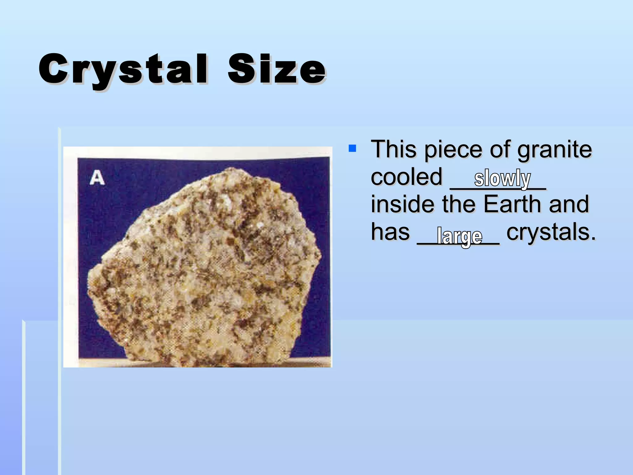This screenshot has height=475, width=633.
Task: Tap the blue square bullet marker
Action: (x=352, y=148)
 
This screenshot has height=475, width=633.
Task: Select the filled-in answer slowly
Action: (x=502, y=178)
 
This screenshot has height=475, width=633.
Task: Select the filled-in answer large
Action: (x=459, y=237)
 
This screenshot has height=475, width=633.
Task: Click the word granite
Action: (x=554, y=150)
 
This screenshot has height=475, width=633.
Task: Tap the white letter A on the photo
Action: (x=97, y=178)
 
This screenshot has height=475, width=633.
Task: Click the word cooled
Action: (x=406, y=177)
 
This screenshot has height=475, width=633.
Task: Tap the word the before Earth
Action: (x=459, y=204)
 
